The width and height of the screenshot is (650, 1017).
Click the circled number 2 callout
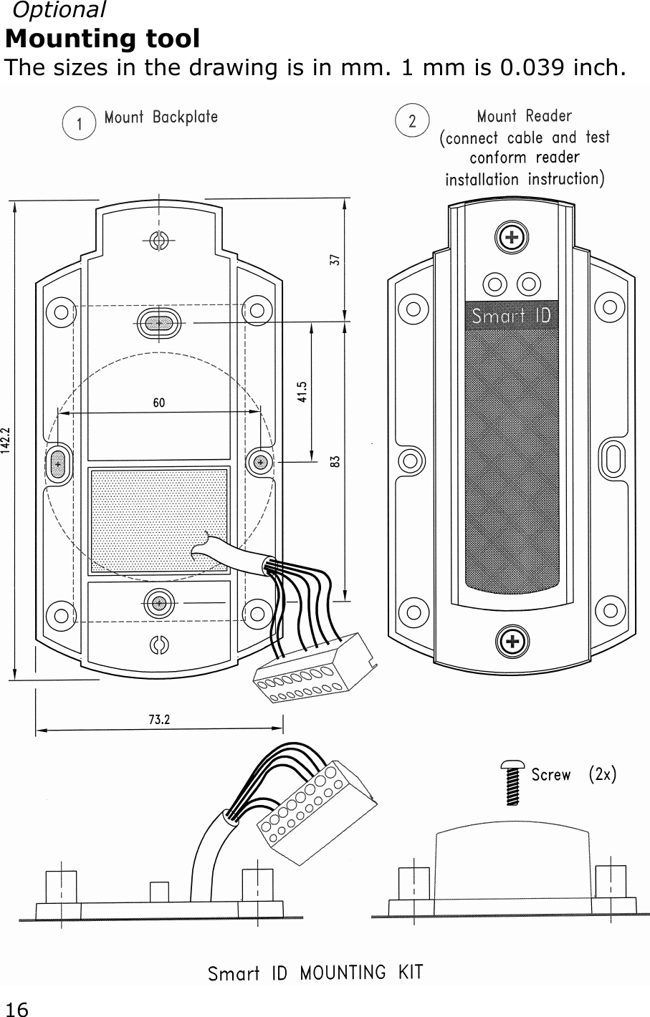pyautogui.click(x=412, y=121)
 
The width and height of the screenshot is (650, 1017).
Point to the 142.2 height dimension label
pyautogui.click(x=6, y=438)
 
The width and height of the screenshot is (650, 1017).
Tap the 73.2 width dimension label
pyautogui.click(x=159, y=720)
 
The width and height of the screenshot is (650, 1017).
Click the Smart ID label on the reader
pyautogui.click(x=511, y=315)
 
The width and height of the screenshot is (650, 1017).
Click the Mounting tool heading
pyautogui.click(x=102, y=38)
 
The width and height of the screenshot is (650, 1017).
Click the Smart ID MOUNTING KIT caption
pyautogui.click(x=315, y=973)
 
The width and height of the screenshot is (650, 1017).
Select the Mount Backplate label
pyautogui.click(x=161, y=117)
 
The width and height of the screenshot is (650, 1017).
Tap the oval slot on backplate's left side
pyautogui.click(x=57, y=463)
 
